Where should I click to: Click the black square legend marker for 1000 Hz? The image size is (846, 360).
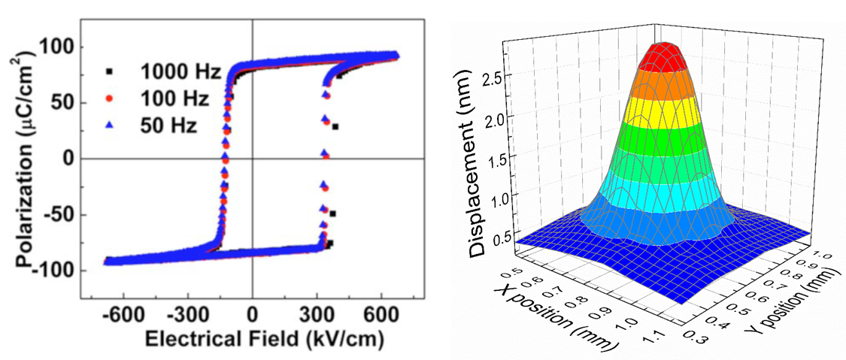click(110, 71)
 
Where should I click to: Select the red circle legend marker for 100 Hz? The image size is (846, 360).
click(110, 98)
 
